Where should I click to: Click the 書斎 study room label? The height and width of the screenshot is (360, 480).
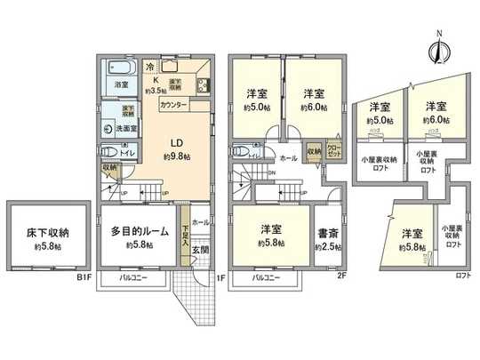(x=328, y=235)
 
